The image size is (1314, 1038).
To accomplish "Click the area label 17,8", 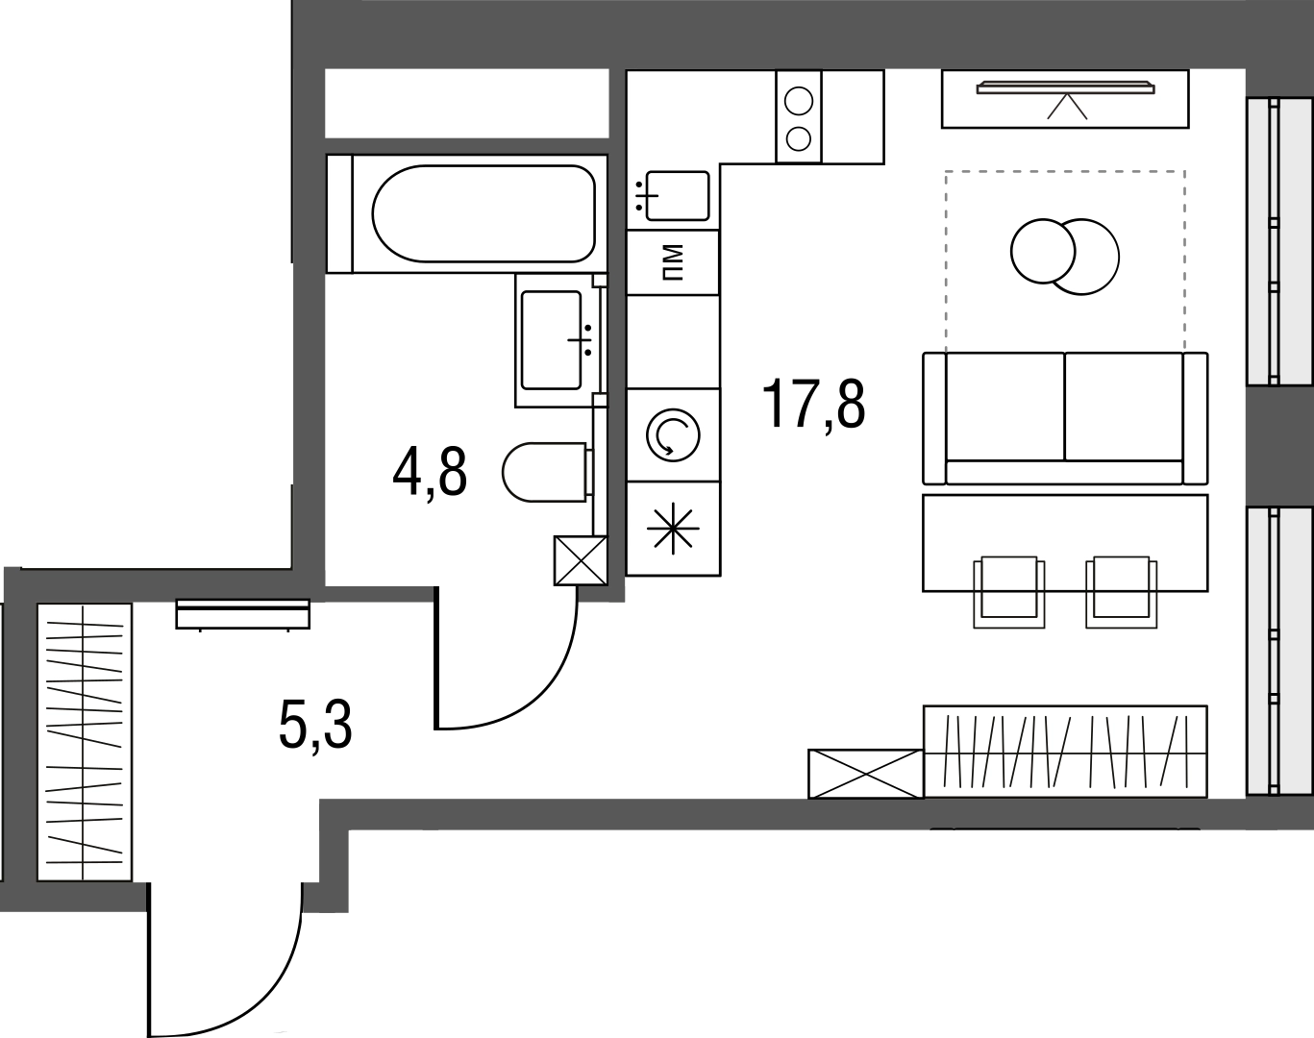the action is pyautogui.click(x=813, y=405).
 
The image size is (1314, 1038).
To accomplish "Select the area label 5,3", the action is pyautogui.click(x=315, y=726).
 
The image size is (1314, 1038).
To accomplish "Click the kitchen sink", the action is pyautogui.click(x=677, y=195).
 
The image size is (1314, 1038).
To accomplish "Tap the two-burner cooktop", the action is pyautogui.click(x=799, y=117).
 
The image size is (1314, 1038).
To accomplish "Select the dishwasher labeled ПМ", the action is pyautogui.click(x=673, y=262).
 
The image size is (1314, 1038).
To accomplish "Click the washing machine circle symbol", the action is pyautogui.click(x=673, y=434).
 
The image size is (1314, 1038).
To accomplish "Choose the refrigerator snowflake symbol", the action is pyautogui.click(x=673, y=529).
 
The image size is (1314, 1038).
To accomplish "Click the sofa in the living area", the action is pyautogui.click(x=1065, y=418).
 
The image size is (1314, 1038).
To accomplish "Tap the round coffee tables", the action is pyautogui.click(x=1065, y=257).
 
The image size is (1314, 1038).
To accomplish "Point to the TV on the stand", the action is pyautogui.click(x=1065, y=88).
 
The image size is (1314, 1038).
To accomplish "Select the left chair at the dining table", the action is pyautogui.click(x=1008, y=591).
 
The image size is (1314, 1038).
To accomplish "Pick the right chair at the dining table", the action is pyautogui.click(x=1121, y=591).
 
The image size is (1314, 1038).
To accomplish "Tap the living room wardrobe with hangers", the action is pyautogui.click(x=1065, y=752).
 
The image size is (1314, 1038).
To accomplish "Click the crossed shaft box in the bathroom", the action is pyautogui.click(x=581, y=560).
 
